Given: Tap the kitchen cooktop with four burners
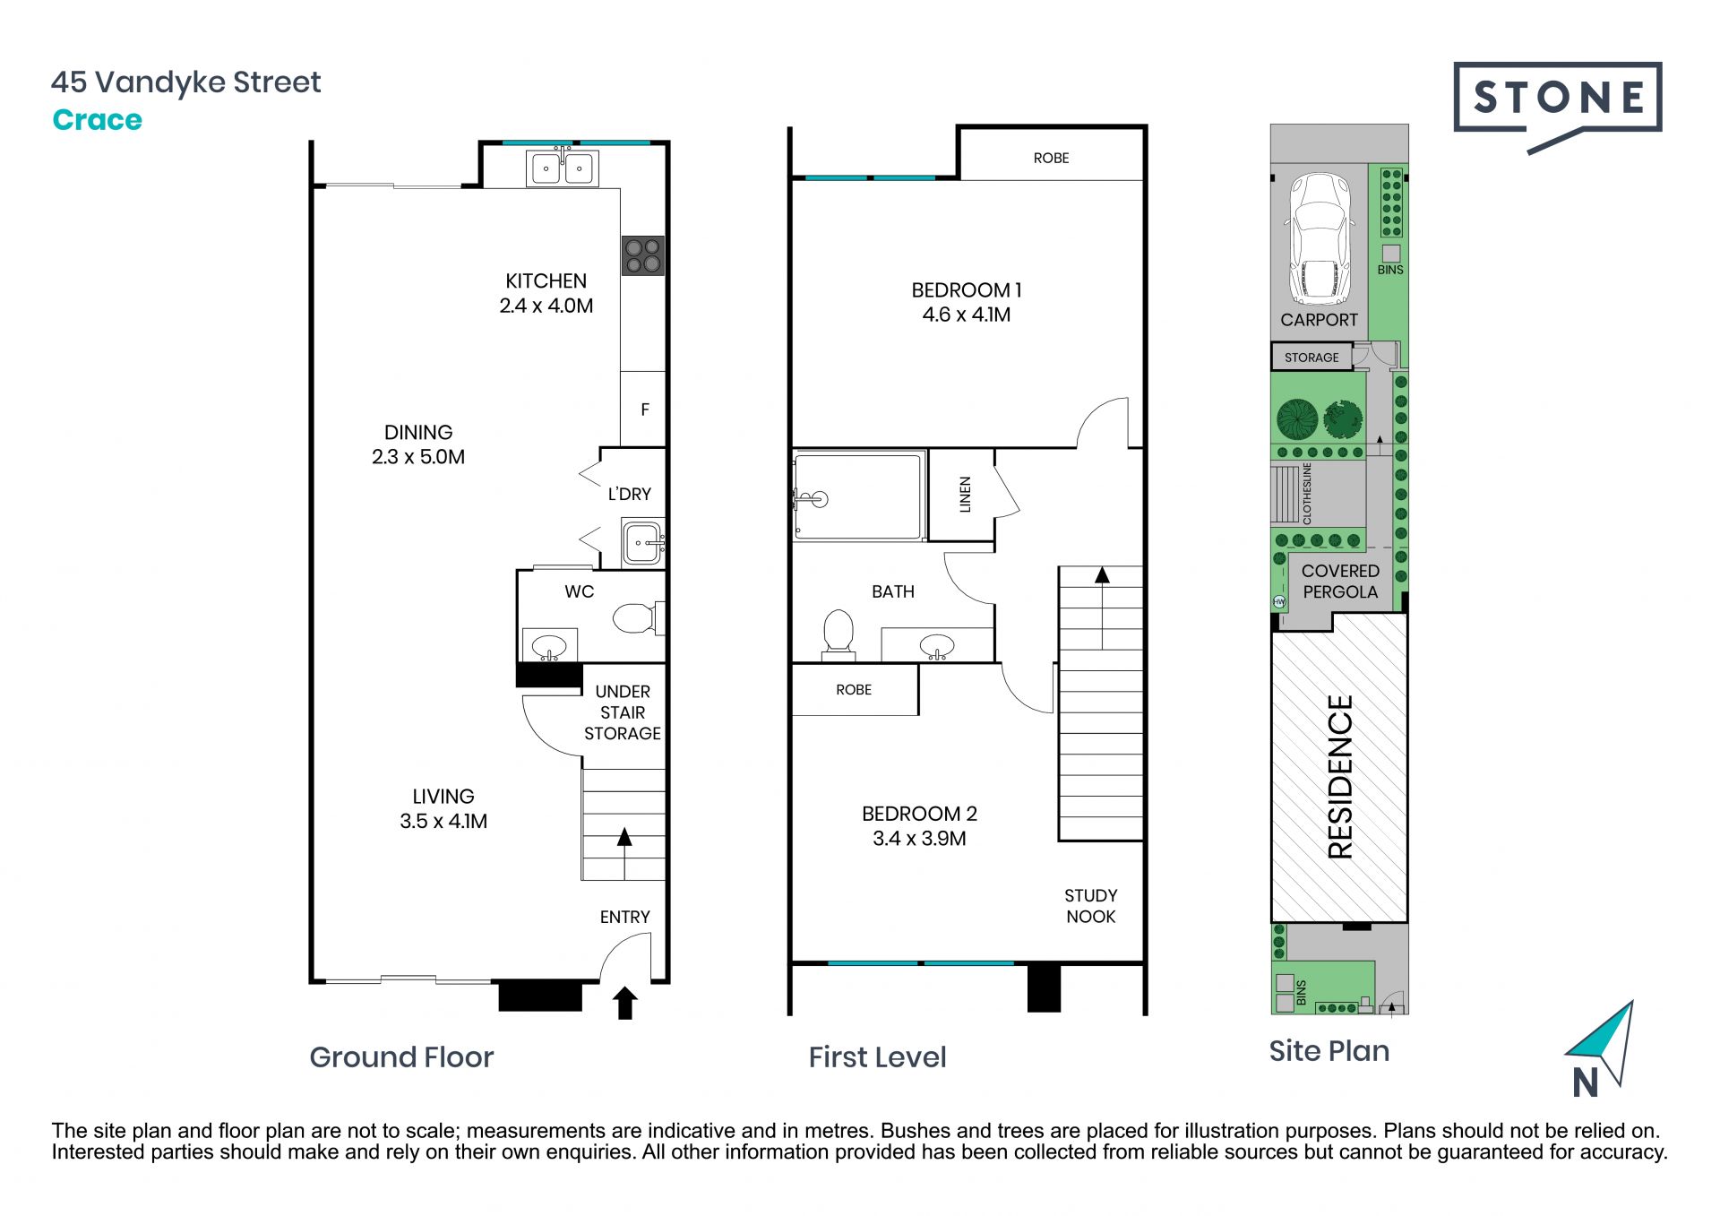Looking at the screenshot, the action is pos(643,255).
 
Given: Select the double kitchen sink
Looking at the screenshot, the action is pos(562,168).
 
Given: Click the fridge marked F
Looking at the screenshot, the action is pos(644,410).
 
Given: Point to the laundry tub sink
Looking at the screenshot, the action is pos(643,542).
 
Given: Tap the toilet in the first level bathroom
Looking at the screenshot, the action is pos(838,631).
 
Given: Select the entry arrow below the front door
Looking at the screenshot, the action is pos(624,1004).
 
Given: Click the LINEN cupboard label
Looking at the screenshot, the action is pos(965,495).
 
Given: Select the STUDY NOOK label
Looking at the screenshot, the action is pos(1090,906).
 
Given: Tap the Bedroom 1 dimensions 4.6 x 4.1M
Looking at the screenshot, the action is pos(967,315).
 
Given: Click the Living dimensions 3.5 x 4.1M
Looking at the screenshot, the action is pos(443,821).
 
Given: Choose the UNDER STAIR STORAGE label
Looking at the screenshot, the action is pos(623,712).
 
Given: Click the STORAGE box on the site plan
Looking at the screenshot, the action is pos(1311,357).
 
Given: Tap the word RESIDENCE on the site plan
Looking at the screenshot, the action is pos(1340,777).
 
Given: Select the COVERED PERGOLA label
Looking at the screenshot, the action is pos(1340,582).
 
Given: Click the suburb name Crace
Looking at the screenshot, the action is pos(97,120).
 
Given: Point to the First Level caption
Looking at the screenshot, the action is pos(877,1057).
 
